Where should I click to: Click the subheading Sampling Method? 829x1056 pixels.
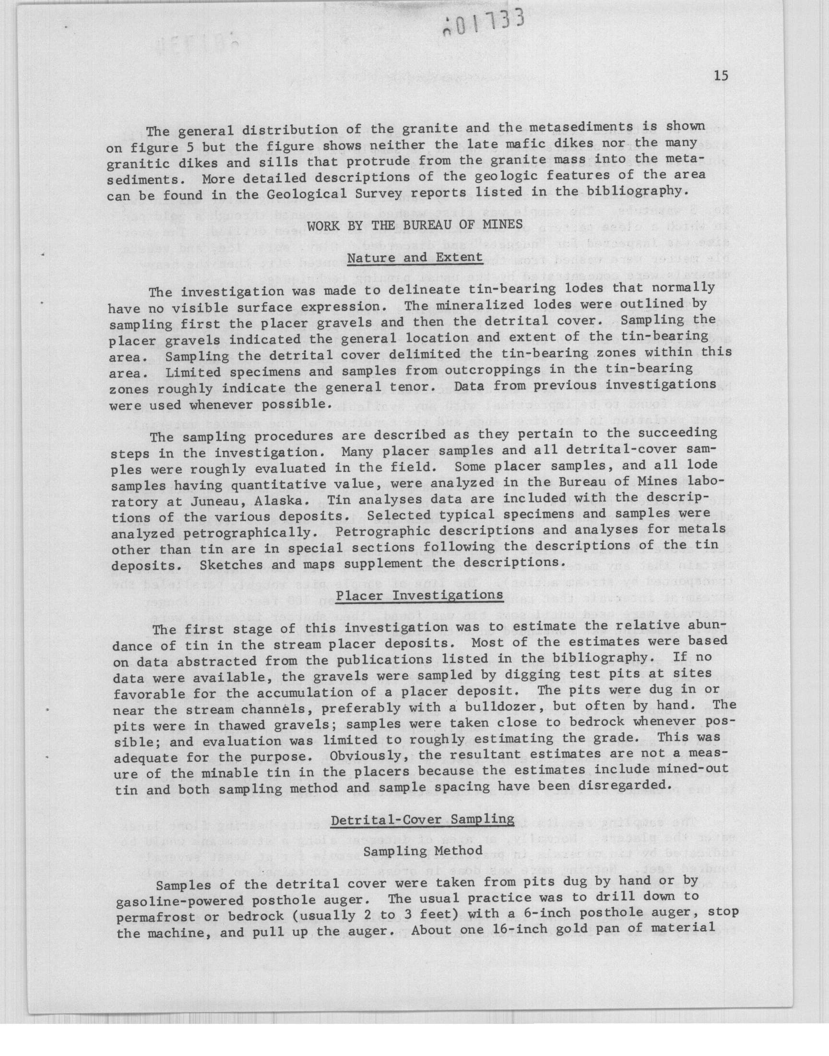(x=423, y=851)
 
